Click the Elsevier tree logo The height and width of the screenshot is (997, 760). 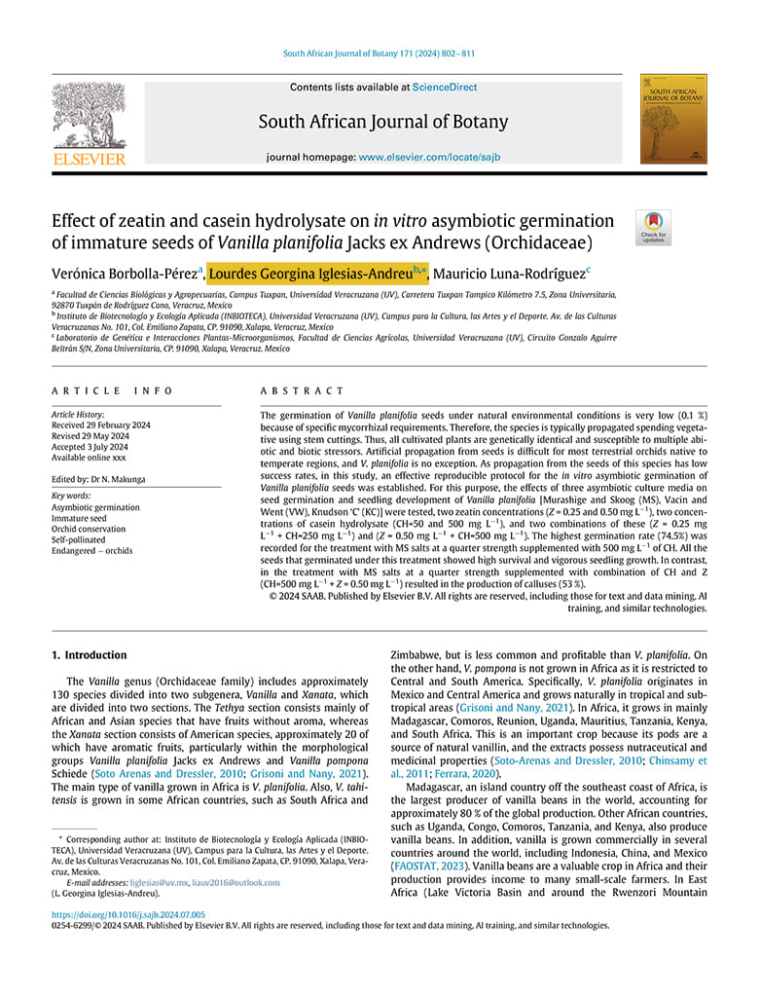tap(89, 118)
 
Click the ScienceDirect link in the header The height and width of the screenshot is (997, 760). tap(445, 88)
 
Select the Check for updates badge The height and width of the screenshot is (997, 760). tap(653, 228)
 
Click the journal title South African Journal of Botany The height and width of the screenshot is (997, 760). tap(382, 122)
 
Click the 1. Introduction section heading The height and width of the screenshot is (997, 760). tap(90, 655)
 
